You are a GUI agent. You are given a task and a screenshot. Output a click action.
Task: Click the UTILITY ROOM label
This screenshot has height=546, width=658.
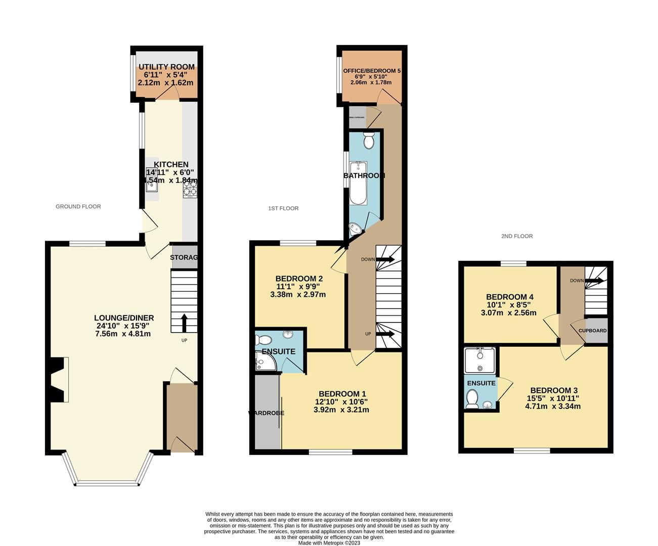click(166, 67)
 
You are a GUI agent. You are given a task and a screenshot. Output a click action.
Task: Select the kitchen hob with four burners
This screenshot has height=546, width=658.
click(190, 189)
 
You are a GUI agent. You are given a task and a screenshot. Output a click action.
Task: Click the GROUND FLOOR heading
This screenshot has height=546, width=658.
click(78, 206)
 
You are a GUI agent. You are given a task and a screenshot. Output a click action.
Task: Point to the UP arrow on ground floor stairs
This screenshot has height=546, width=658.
click(184, 323)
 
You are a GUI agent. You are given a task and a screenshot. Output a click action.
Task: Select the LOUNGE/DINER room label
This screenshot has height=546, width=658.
click(124, 318)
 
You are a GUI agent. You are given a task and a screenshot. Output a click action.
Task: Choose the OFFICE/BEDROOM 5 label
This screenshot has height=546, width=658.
click(372, 71)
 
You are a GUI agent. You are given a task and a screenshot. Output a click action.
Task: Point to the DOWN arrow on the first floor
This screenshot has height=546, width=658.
click(384, 259)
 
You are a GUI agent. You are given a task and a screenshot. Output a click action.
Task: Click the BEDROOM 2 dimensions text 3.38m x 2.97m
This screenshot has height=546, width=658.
click(299, 295)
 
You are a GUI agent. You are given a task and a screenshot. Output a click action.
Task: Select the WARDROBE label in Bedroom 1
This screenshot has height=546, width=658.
click(266, 413)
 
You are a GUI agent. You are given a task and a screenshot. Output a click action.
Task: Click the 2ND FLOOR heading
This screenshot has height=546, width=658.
click(517, 236)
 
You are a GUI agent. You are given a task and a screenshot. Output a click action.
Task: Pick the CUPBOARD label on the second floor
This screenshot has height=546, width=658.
click(592, 331)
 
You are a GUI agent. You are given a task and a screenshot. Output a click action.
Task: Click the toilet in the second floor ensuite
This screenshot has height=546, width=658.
click(472, 400)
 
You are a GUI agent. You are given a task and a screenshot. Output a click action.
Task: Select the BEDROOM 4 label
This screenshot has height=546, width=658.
click(510, 297)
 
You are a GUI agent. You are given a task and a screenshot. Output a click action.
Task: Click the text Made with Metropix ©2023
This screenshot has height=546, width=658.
click(329, 543)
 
